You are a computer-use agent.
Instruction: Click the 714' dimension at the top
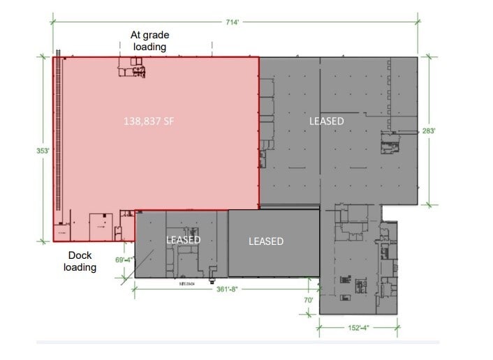pos(232,22)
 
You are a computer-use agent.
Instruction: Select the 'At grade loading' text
pos(149,40)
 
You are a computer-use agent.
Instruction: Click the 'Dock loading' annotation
pos(80,261)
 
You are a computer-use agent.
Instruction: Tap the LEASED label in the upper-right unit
pos(326,121)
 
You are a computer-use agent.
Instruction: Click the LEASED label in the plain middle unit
pos(266,241)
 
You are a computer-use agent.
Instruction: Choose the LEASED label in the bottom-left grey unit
pos(183,240)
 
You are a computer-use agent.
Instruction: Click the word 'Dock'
pos(80,255)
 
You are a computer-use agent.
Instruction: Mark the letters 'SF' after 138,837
pos(167,121)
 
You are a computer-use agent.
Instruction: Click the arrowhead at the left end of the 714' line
pos(53,22)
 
